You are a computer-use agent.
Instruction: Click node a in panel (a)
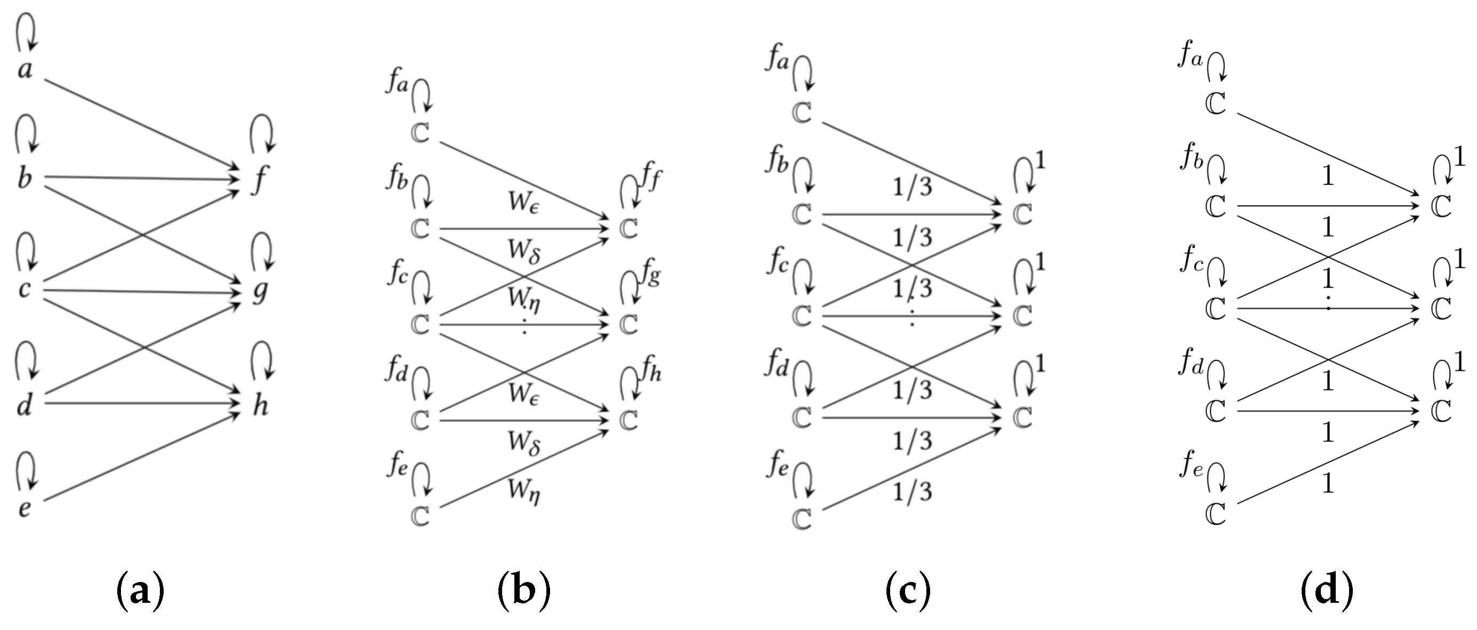click(x=25, y=70)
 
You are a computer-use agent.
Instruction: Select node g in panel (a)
click(x=260, y=293)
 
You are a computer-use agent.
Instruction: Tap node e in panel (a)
click(x=24, y=508)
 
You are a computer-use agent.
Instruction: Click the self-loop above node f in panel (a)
click(x=263, y=133)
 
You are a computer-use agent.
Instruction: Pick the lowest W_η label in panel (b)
click(x=523, y=491)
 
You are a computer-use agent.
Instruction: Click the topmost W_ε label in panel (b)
click(x=523, y=203)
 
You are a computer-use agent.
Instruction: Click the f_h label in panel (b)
click(x=650, y=373)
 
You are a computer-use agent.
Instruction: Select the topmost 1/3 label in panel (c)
click(x=912, y=187)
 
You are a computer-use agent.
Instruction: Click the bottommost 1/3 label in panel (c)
click(x=912, y=492)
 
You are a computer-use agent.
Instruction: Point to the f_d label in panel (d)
click(x=1191, y=363)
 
